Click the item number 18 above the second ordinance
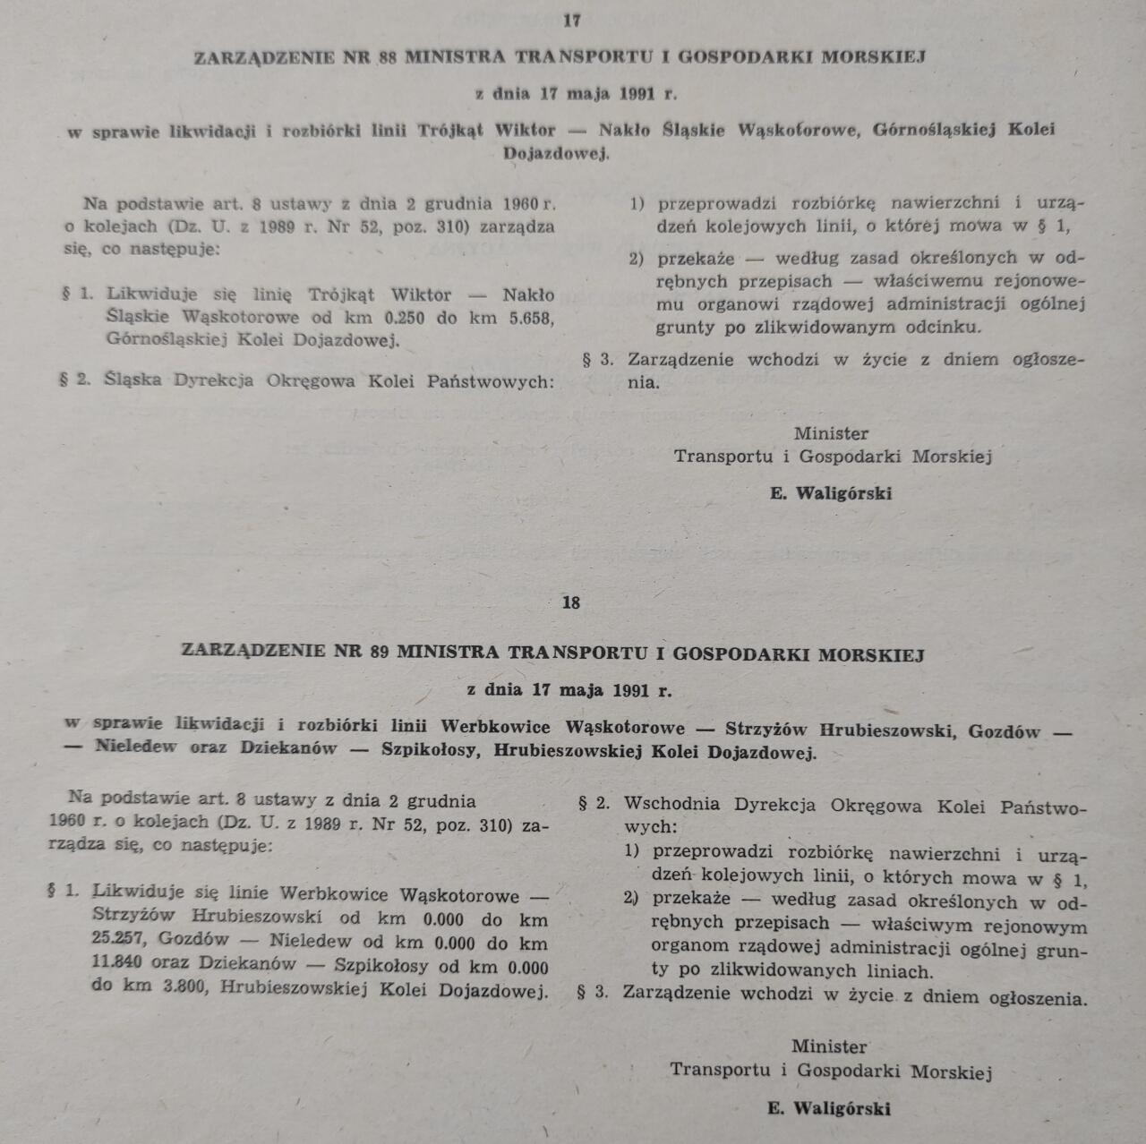tap(571, 602)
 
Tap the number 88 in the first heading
tap(388, 56)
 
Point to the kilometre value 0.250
tap(405, 318)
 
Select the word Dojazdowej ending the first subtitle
tap(555, 154)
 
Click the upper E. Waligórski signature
tap(831, 493)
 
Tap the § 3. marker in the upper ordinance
tap(598, 360)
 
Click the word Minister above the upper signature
tap(831, 433)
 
